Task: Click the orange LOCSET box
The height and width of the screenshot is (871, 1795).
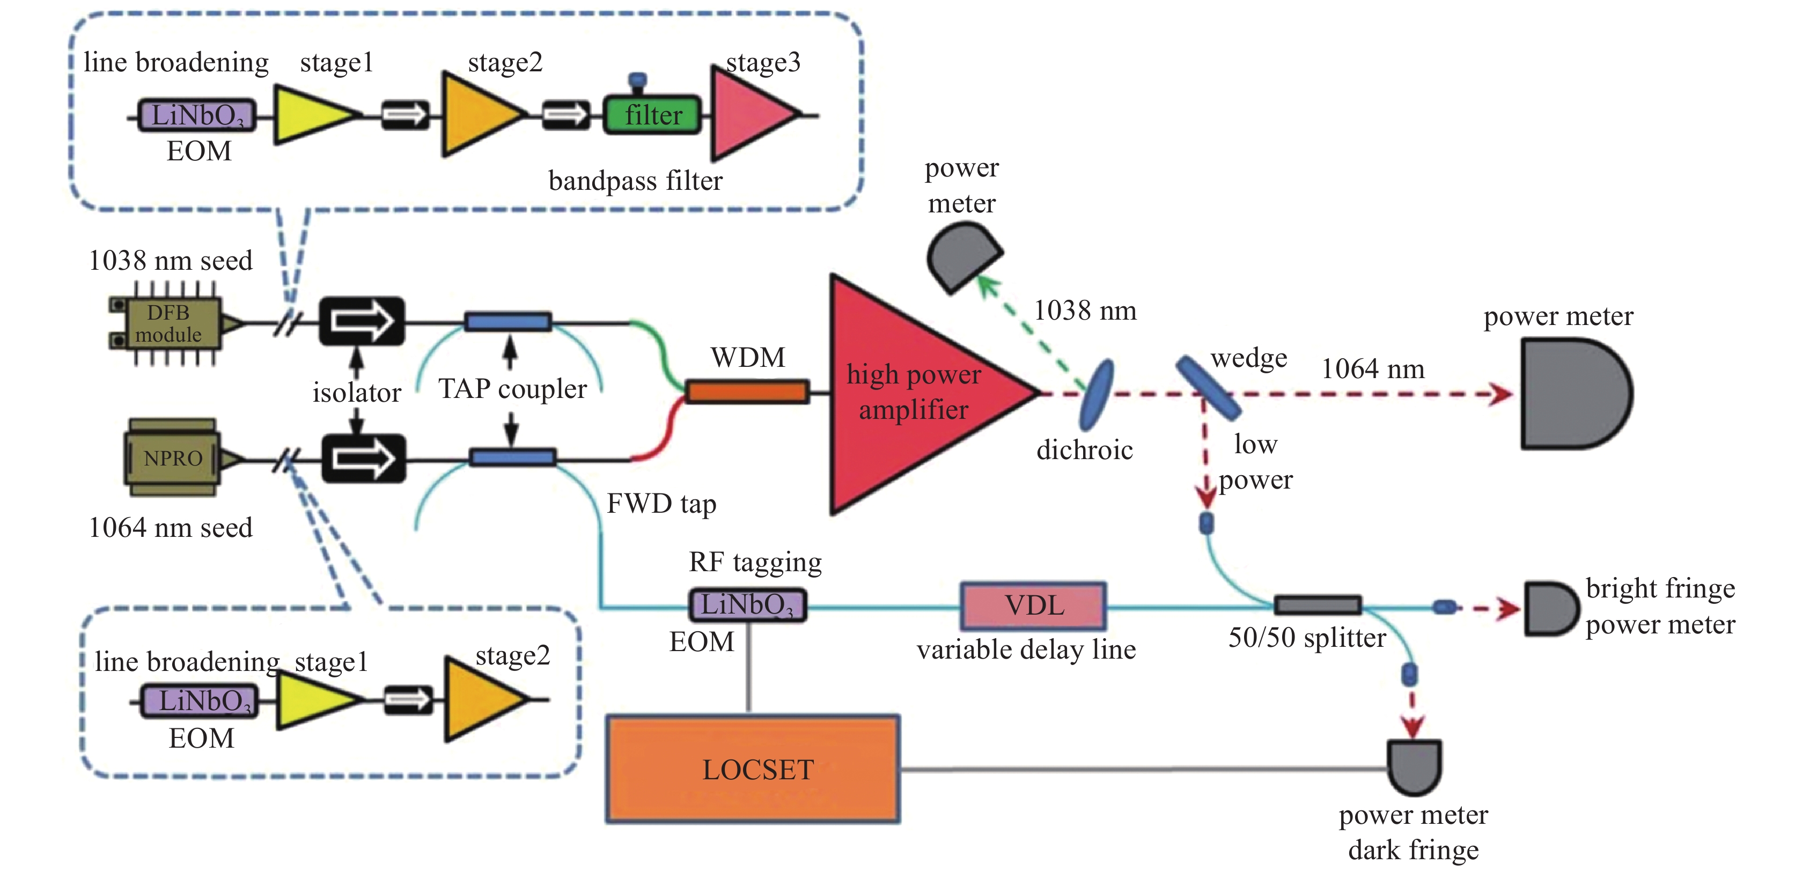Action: (x=753, y=769)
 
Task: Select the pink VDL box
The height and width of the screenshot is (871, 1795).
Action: (x=1033, y=606)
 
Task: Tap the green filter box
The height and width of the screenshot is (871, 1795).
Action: (x=652, y=115)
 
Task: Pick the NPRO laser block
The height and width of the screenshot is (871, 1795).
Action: (x=172, y=458)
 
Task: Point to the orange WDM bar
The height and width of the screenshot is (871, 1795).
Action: (x=747, y=392)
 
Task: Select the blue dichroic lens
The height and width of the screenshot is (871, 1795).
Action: (x=1096, y=394)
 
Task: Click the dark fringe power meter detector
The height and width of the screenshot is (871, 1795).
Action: (x=1414, y=767)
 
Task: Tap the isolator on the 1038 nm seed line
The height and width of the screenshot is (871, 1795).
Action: (x=362, y=321)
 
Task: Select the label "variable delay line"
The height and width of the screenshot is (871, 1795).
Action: (x=1026, y=649)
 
